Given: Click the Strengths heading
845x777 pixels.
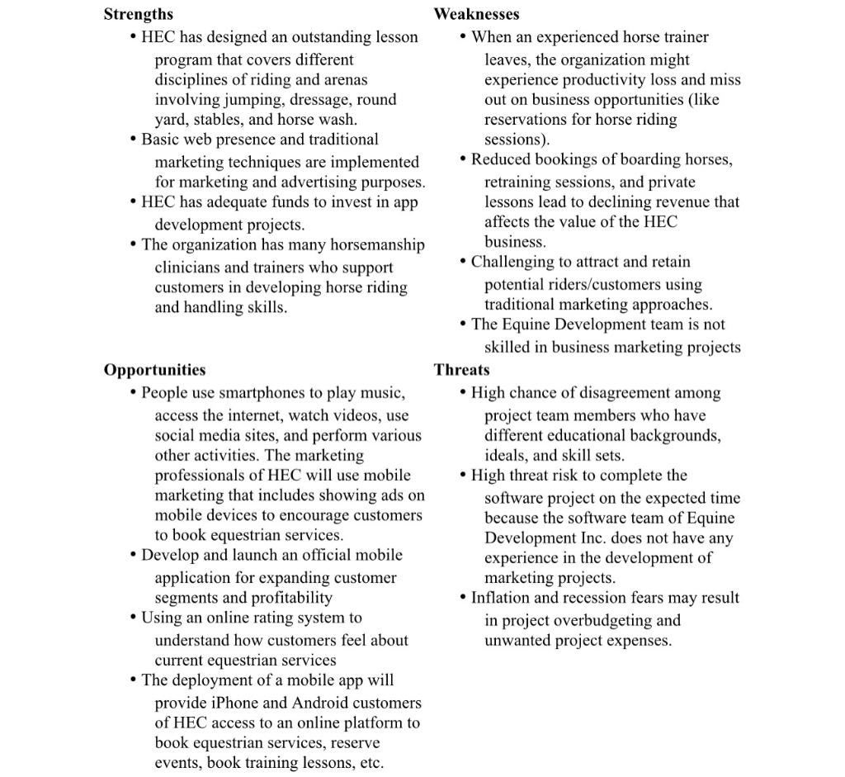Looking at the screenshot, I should (x=139, y=14).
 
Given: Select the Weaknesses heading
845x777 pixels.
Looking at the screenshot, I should (x=476, y=14).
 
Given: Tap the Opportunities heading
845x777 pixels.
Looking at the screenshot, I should (x=154, y=370).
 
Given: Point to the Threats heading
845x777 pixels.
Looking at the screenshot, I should (x=461, y=370).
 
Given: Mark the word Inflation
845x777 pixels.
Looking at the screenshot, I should (x=503, y=598).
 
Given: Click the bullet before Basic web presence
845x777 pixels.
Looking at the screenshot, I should (x=134, y=140).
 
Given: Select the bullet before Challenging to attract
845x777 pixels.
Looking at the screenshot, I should (x=464, y=262).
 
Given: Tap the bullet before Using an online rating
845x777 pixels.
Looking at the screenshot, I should (x=134, y=618).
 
